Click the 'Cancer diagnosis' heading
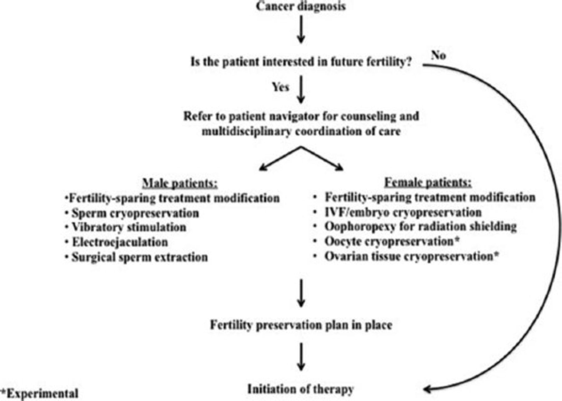[x=301, y=6]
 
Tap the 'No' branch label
[x=438, y=55]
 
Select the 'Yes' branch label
[x=280, y=87]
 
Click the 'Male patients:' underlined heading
[x=180, y=183]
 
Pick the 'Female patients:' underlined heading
[x=428, y=182]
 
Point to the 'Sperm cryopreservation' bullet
[x=135, y=213]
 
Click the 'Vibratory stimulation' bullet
[x=129, y=227]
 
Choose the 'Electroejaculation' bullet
[x=120, y=242]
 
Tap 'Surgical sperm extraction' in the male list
[x=140, y=257]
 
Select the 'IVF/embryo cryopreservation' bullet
[x=403, y=212]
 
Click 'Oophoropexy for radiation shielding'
[x=420, y=226]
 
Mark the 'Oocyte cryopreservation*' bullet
[x=392, y=241]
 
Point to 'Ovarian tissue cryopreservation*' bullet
[x=412, y=256]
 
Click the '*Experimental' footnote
[x=40, y=394]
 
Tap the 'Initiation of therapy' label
[x=301, y=389]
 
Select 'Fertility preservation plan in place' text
[x=301, y=325]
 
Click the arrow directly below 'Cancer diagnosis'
[x=301, y=30]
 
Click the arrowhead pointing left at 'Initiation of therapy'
[x=427, y=389]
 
